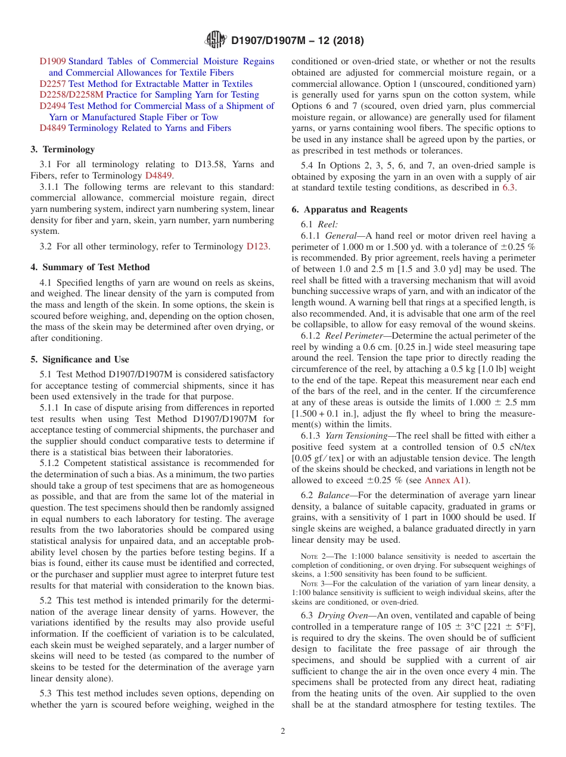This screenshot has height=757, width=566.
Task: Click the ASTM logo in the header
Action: pyautogui.click(x=215, y=40)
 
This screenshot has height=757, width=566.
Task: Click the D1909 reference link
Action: pyautogui.click(x=52, y=61)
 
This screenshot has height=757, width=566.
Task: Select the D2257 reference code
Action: pyautogui.click(x=52, y=84)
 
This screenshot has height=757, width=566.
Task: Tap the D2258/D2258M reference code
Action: pyautogui.click(x=71, y=95)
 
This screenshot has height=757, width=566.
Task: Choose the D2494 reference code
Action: pyautogui.click(x=52, y=106)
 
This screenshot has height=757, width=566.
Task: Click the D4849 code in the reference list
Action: pyautogui.click(x=52, y=128)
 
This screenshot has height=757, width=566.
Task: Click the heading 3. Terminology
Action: pyautogui.click(x=63, y=149)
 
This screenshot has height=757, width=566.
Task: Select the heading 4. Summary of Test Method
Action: pyautogui.click(x=90, y=267)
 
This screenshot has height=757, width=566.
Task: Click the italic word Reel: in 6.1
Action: pyautogui.click(x=328, y=224)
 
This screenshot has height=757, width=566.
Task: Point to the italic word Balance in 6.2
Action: pyautogui.click(x=334, y=495)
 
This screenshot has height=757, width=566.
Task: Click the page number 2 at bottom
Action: pyautogui.click(x=283, y=731)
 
